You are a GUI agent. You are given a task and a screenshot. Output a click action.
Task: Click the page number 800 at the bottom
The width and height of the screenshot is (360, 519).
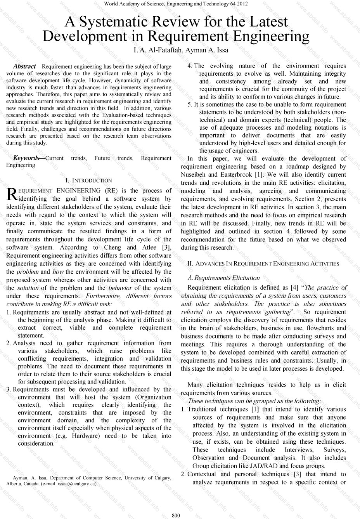click(176, 515)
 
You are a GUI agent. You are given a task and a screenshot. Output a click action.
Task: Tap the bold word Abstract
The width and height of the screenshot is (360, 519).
click(24, 67)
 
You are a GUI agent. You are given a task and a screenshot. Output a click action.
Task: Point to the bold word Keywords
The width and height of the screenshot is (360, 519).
click(26, 158)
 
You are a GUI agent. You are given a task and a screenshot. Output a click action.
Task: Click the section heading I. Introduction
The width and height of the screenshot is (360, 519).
click(88, 181)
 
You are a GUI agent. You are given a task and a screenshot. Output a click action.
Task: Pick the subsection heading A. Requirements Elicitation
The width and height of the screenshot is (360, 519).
click(223, 278)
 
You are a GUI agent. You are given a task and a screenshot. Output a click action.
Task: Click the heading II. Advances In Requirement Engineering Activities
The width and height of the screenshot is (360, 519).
click(263, 264)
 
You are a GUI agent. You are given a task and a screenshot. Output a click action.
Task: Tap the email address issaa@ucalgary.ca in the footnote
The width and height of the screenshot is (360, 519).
click(77, 484)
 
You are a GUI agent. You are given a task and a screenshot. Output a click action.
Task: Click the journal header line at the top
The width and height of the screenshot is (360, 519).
click(176, 4)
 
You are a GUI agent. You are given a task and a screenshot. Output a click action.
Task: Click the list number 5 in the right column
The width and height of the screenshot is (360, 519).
click(190, 104)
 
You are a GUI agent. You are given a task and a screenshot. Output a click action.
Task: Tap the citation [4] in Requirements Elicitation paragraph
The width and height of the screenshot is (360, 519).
click(294, 288)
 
